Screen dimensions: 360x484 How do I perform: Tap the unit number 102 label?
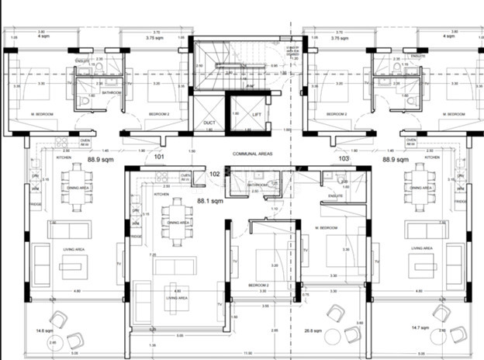point(215,175)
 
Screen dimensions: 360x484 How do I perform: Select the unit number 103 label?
point(344,158)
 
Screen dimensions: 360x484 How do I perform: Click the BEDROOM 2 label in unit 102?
point(258,286)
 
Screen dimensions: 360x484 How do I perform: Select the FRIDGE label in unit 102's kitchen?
point(136,236)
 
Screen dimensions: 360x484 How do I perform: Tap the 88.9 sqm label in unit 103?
point(396,159)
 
